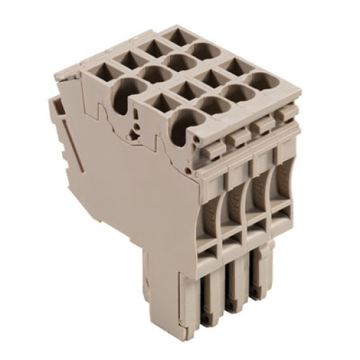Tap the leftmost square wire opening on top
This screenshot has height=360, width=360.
point(98,71)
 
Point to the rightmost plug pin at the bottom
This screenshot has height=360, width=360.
point(262,282)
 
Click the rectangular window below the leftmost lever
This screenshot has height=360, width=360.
point(210,248)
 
